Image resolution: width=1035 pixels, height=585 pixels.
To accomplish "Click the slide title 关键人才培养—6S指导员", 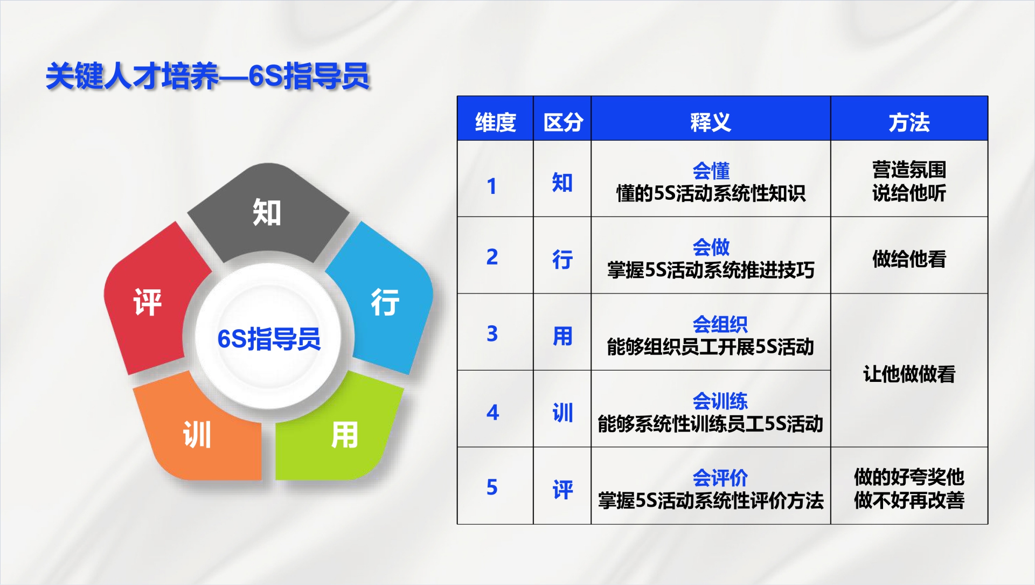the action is click(x=207, y=75).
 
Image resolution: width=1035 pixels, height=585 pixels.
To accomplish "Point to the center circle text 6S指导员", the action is click(x=269, y=339).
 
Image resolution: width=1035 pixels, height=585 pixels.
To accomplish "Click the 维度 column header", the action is click(x=495, y=122).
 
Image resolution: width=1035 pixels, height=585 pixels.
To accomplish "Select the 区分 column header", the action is click(x=563, y=122).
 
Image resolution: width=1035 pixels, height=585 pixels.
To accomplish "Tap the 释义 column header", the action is click(x=711, y=122).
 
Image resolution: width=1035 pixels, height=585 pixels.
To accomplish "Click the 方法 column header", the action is click(x=909, y=122).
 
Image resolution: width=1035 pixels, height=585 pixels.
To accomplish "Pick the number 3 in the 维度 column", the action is click(x=492, y=334).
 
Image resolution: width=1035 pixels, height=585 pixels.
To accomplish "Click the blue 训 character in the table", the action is click(x=562, y=413).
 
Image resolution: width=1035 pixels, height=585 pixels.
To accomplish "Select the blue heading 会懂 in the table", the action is click(x=711, y=171).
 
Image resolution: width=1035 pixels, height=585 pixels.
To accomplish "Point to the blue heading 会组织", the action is click(x=720, y=324).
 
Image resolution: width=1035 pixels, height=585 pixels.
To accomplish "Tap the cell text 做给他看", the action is click(x=909, y=259).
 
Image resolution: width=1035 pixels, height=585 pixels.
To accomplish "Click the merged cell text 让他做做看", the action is click(x=909, y=374).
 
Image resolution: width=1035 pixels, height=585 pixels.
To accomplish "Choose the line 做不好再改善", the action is click(x=909, y=500).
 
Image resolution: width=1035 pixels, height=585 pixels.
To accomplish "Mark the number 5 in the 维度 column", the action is click(x=492, y=487).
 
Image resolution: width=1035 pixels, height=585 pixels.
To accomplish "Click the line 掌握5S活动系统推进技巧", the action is click(x=711, y=270).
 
